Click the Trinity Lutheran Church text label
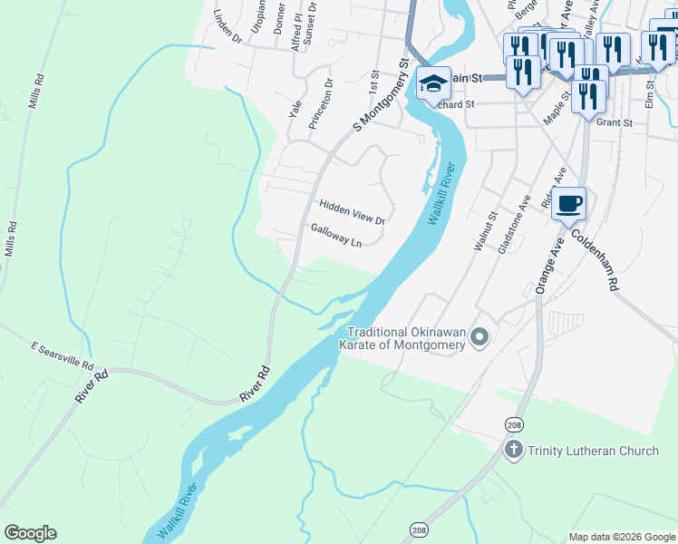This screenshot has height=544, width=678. pos(595,451)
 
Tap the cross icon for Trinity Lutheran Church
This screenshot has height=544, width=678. pos(514,451)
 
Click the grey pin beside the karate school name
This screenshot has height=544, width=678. pos(480,339)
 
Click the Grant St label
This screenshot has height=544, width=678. pos(614,121)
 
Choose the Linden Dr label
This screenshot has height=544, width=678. pos(227,30)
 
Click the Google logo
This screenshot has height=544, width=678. pos(30,533)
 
